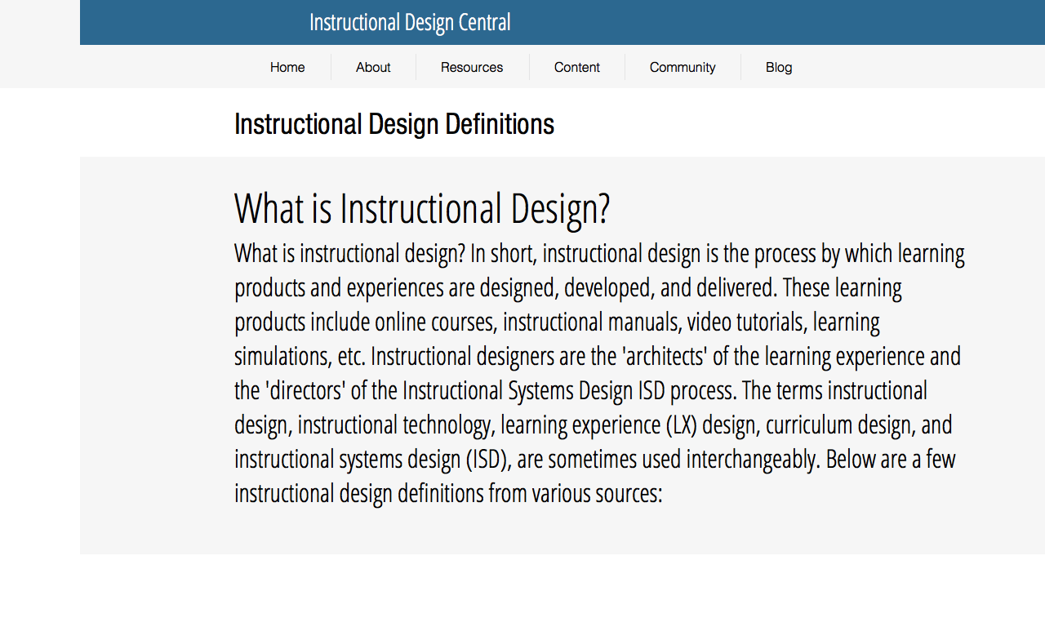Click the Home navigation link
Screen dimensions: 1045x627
tap(287, 67)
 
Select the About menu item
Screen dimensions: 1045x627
tap(373, 67)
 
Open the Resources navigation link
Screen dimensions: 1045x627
tap(472, 67)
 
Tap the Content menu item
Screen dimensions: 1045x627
tap(576, 67)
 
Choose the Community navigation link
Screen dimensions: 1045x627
tap(683, 68)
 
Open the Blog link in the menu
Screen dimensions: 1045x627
tap(779, 68)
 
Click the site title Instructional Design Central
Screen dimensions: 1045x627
tap(410, 23)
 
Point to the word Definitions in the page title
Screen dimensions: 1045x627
tap(500, 124)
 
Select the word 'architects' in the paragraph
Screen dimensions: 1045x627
tap(665, 357)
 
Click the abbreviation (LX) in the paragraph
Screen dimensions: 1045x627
tap(682, 425)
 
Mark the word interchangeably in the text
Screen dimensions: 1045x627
tap(753, 460)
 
